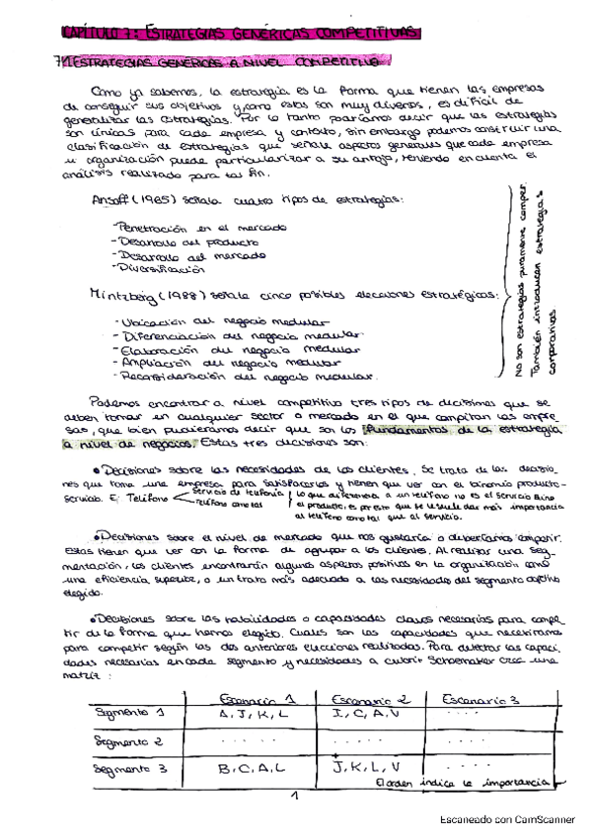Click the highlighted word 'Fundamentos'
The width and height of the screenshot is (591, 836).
click(414, 432)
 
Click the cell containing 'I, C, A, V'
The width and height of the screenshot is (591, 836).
click(367, 714)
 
